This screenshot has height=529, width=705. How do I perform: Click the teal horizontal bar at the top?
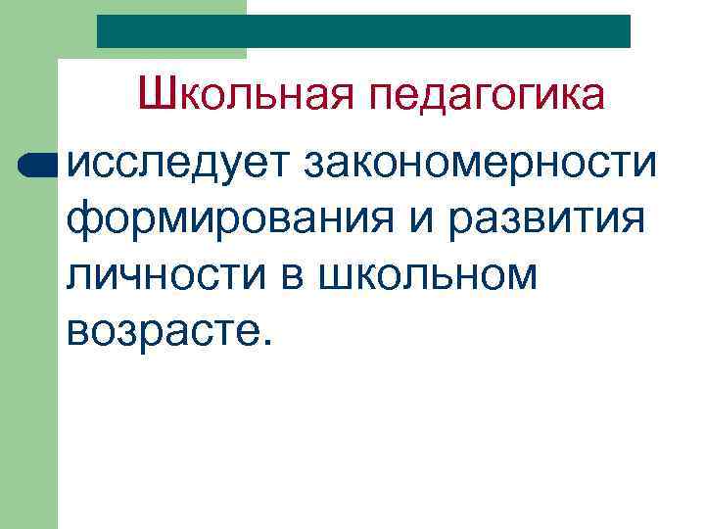click(363, 30)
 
